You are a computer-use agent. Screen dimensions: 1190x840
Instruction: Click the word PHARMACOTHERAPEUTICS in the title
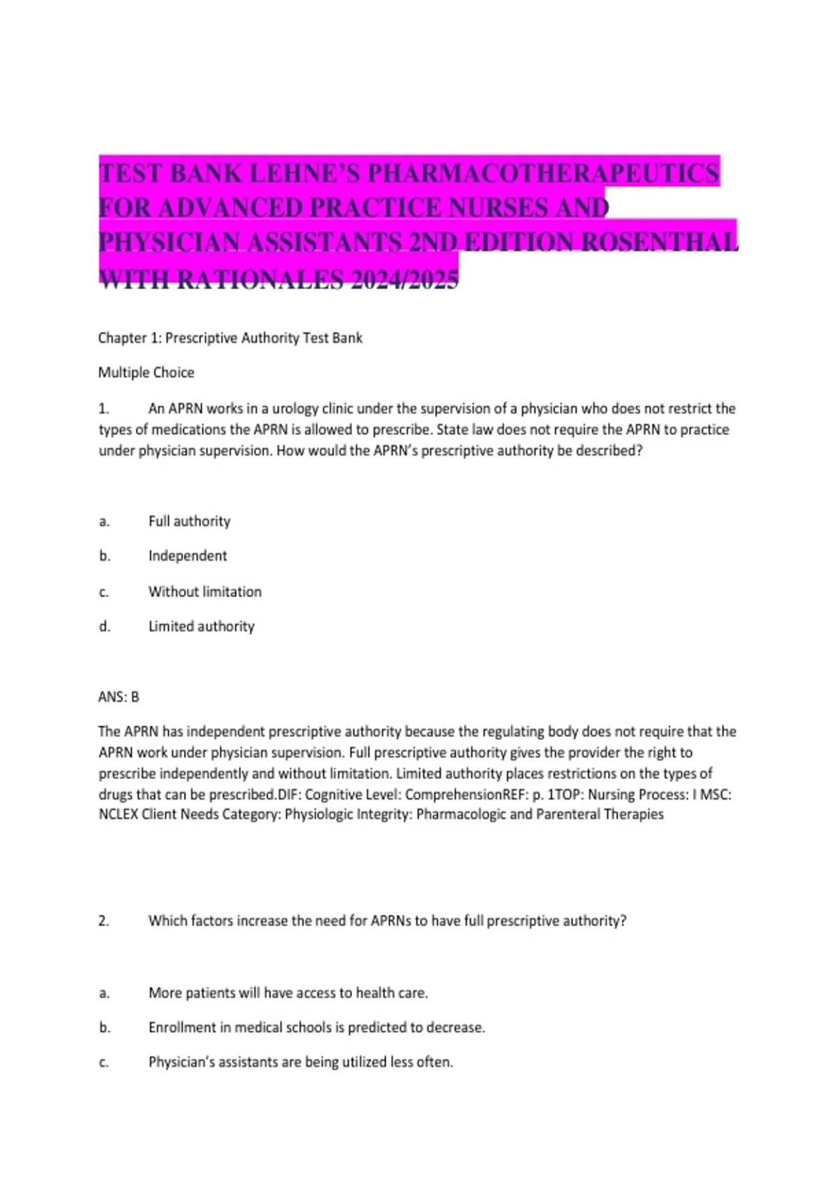(543, 174)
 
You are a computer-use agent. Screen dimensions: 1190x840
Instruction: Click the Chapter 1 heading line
(230, 338)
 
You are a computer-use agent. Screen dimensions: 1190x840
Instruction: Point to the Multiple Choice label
(146, 372)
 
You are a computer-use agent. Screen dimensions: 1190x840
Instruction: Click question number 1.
(104, 409)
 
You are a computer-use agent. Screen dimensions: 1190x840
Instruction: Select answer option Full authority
(189, 521)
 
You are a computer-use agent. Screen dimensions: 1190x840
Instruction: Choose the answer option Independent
(188, 556)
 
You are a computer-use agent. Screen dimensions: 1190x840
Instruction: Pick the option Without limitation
(204, 591)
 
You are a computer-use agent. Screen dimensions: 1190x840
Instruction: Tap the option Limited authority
(201, 626)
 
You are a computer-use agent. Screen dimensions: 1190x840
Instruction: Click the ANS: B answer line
(119, 697)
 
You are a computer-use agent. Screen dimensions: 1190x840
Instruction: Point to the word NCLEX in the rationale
(118, 815)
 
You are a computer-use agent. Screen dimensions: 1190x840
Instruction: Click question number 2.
(104, 921)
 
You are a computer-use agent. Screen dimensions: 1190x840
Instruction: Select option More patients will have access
(288, 993)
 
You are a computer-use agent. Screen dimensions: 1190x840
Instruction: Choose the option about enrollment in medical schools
(316, 1028)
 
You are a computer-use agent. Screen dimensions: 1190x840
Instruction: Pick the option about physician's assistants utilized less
(300, 1062)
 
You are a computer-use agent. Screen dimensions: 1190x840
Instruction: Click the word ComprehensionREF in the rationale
(465, 794)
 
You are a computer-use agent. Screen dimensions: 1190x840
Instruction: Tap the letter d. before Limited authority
(104, 626)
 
